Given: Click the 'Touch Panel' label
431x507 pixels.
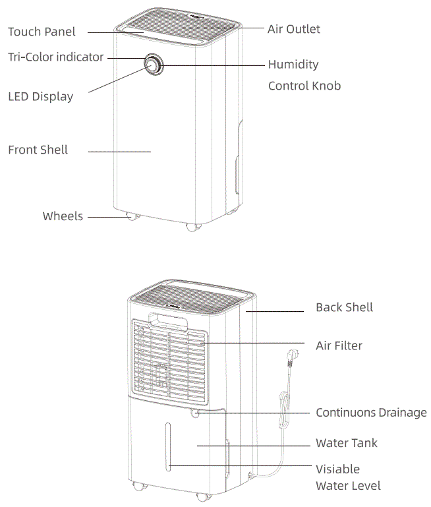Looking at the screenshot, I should pos(42,32).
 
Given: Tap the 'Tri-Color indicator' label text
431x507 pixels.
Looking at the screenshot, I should pos(55,57).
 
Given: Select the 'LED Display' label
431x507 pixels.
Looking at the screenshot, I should pos(40,97).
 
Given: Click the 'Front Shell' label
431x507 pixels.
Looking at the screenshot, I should pos(38,150).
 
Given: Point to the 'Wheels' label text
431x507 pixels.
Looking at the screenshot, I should pos(63,216).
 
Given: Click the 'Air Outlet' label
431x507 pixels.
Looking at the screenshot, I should pos(293,29).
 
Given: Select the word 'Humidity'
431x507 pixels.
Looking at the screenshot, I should pos(293,65).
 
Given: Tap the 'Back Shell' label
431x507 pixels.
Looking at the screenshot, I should pos(344,307).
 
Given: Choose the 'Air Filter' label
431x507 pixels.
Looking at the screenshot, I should pos(339,345).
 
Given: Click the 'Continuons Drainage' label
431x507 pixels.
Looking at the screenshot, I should pos(371,413).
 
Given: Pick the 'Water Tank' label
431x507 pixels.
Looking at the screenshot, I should pos(347,443).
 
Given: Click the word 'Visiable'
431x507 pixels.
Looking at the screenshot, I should pos(337,469).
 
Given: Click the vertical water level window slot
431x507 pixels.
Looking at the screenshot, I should pos(169,448).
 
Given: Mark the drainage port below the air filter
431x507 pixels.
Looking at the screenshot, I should pos(196,413).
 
